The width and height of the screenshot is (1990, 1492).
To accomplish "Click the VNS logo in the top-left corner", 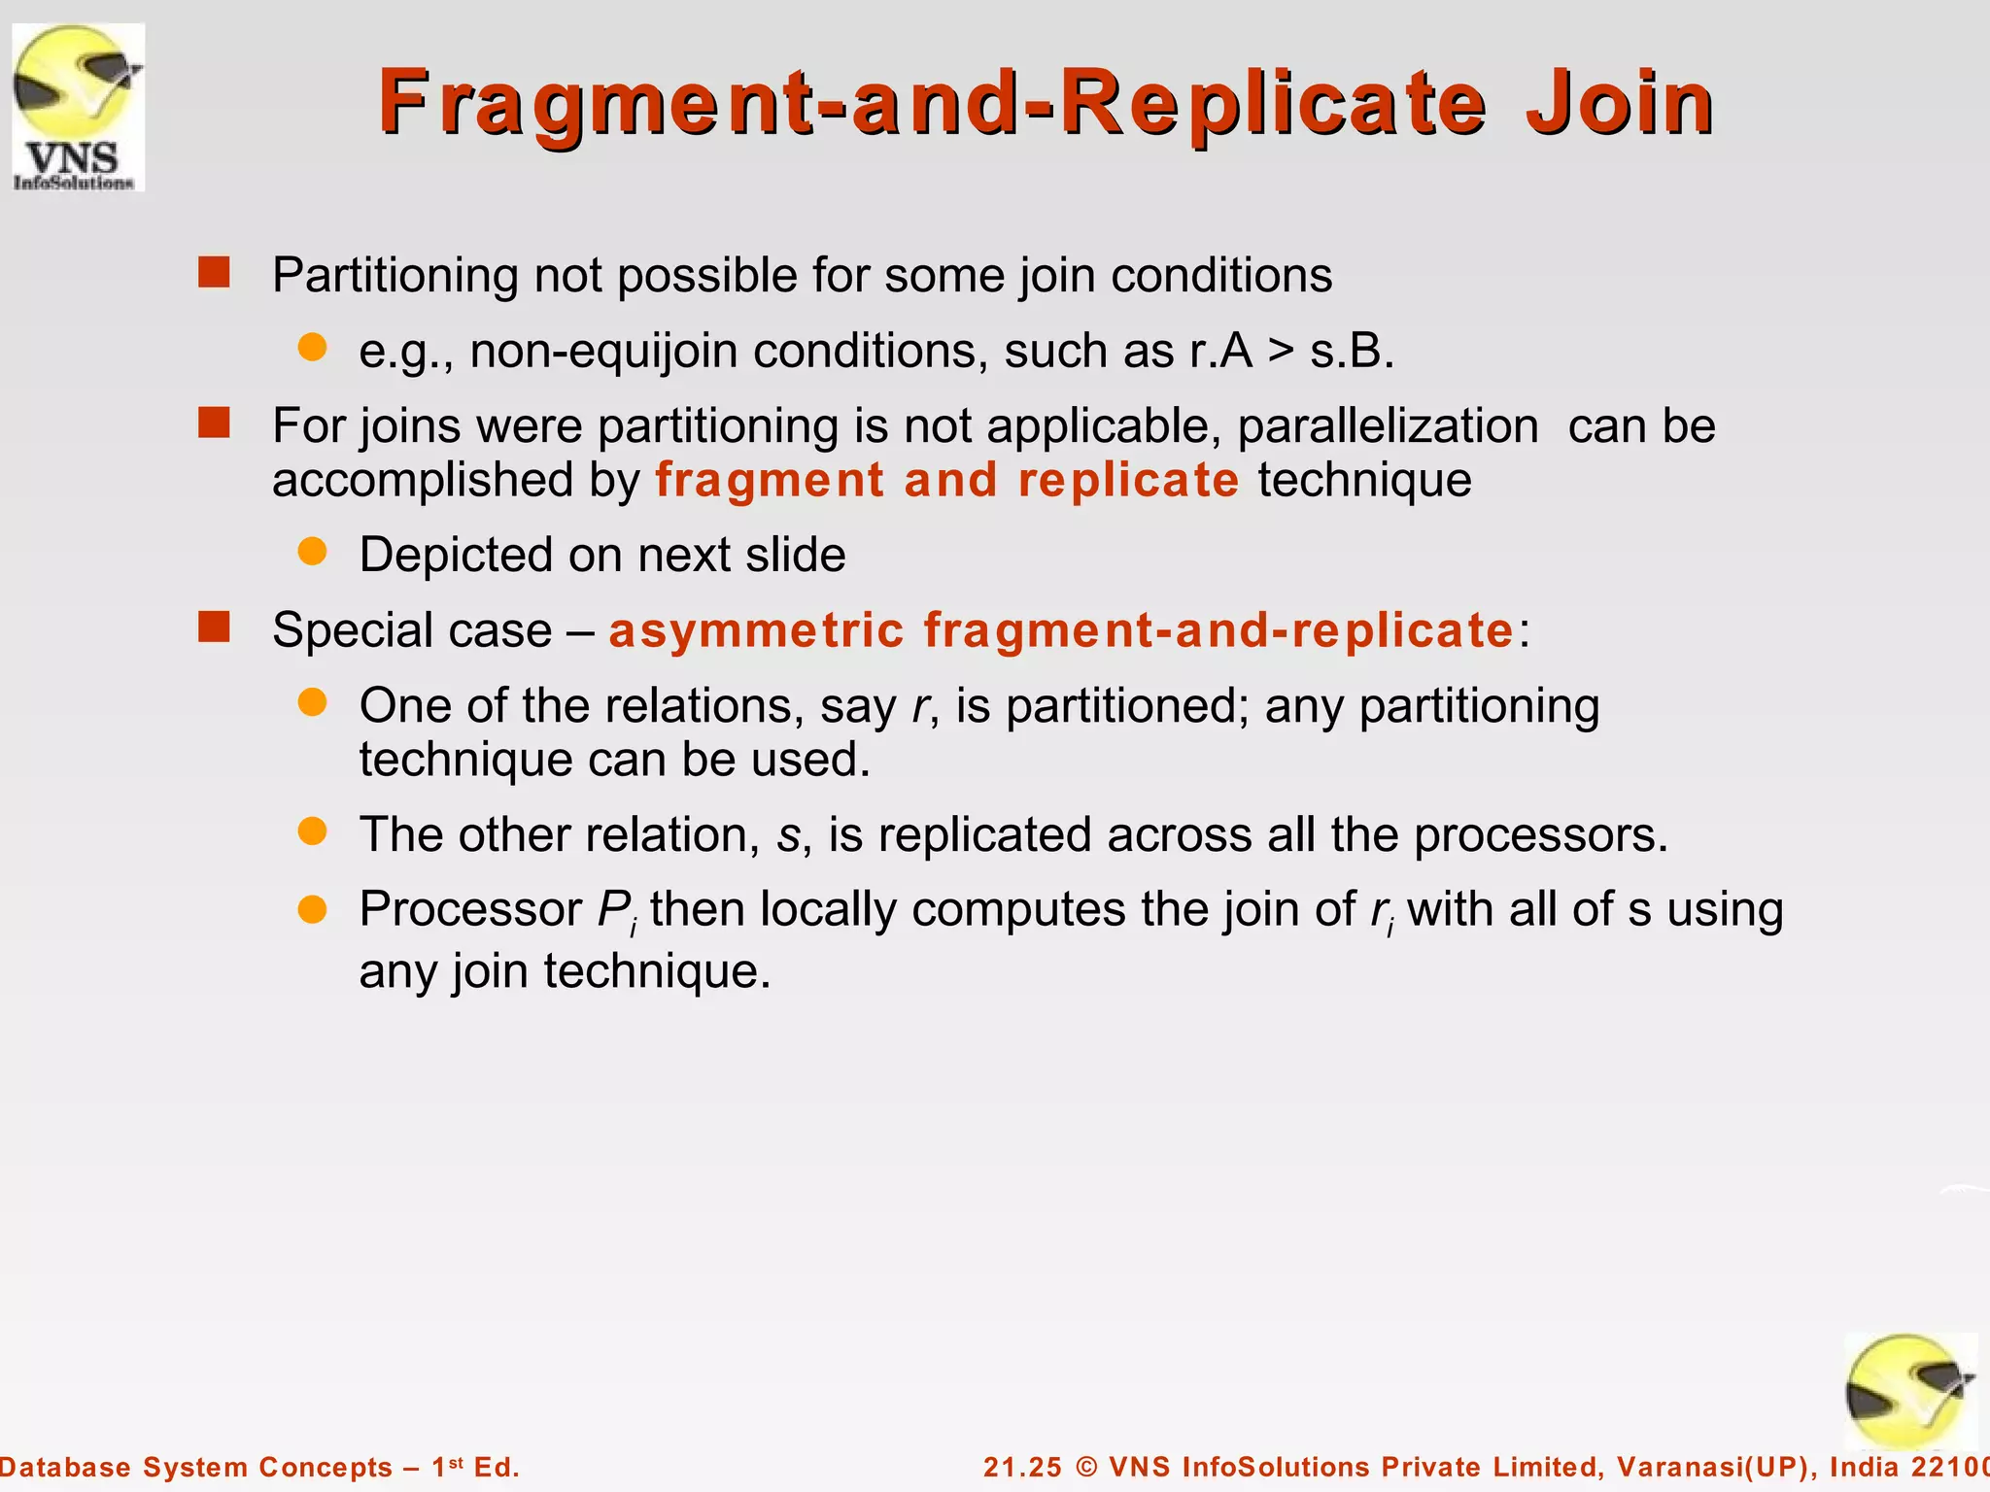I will (x=78, y=107).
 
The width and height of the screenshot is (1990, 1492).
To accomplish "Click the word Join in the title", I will (x=1620, y=103).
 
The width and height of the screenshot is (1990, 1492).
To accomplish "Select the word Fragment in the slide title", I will (x=595, y=103).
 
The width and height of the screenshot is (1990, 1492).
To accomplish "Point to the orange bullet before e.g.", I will (x=312, y=348).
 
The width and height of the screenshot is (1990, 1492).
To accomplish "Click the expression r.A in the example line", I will (x=1220, y=351).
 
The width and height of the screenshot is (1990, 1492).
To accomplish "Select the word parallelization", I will (x=1388, y=426).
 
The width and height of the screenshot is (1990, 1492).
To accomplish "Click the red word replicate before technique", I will (x=1128, y=480).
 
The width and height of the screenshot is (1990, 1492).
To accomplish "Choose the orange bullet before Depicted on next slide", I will (x=312, y=552).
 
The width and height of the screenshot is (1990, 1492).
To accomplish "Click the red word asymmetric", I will (x=756, y=630).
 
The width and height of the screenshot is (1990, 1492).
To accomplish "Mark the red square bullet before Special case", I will (x=214, y=627).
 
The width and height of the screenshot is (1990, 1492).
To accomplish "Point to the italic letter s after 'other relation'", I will (x=788, y=836).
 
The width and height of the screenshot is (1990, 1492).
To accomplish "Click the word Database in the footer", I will (x=64, y=1467).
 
